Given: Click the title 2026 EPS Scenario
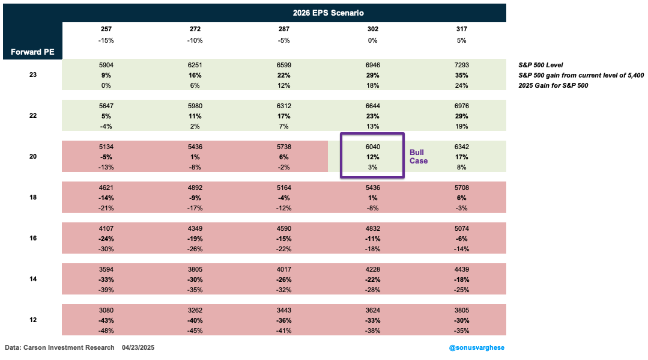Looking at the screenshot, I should click(x=328, y=12).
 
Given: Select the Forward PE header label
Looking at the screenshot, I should click(x=32, y=52).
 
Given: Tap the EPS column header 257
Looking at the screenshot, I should click(x=106, y=29).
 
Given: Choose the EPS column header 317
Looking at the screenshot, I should click(x=461, y=29).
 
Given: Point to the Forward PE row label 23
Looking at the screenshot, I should click(x=32, y=75).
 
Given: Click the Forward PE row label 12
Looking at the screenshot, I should click(x=32, y=319).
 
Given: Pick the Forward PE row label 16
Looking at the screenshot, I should click(x=32, y=238).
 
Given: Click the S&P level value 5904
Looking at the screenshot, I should click(x=106, y=64).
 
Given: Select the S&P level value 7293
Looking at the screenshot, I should click(x=461, y=64).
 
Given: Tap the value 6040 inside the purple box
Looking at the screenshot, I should click(x=372, y=146).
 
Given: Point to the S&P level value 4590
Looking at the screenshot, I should click(x=284, y=228).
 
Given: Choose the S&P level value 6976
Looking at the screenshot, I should click(x=461, y=105).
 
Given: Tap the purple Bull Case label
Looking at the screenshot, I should click(x=419, y=157).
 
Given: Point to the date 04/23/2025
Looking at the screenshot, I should click(x=139, y=347).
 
